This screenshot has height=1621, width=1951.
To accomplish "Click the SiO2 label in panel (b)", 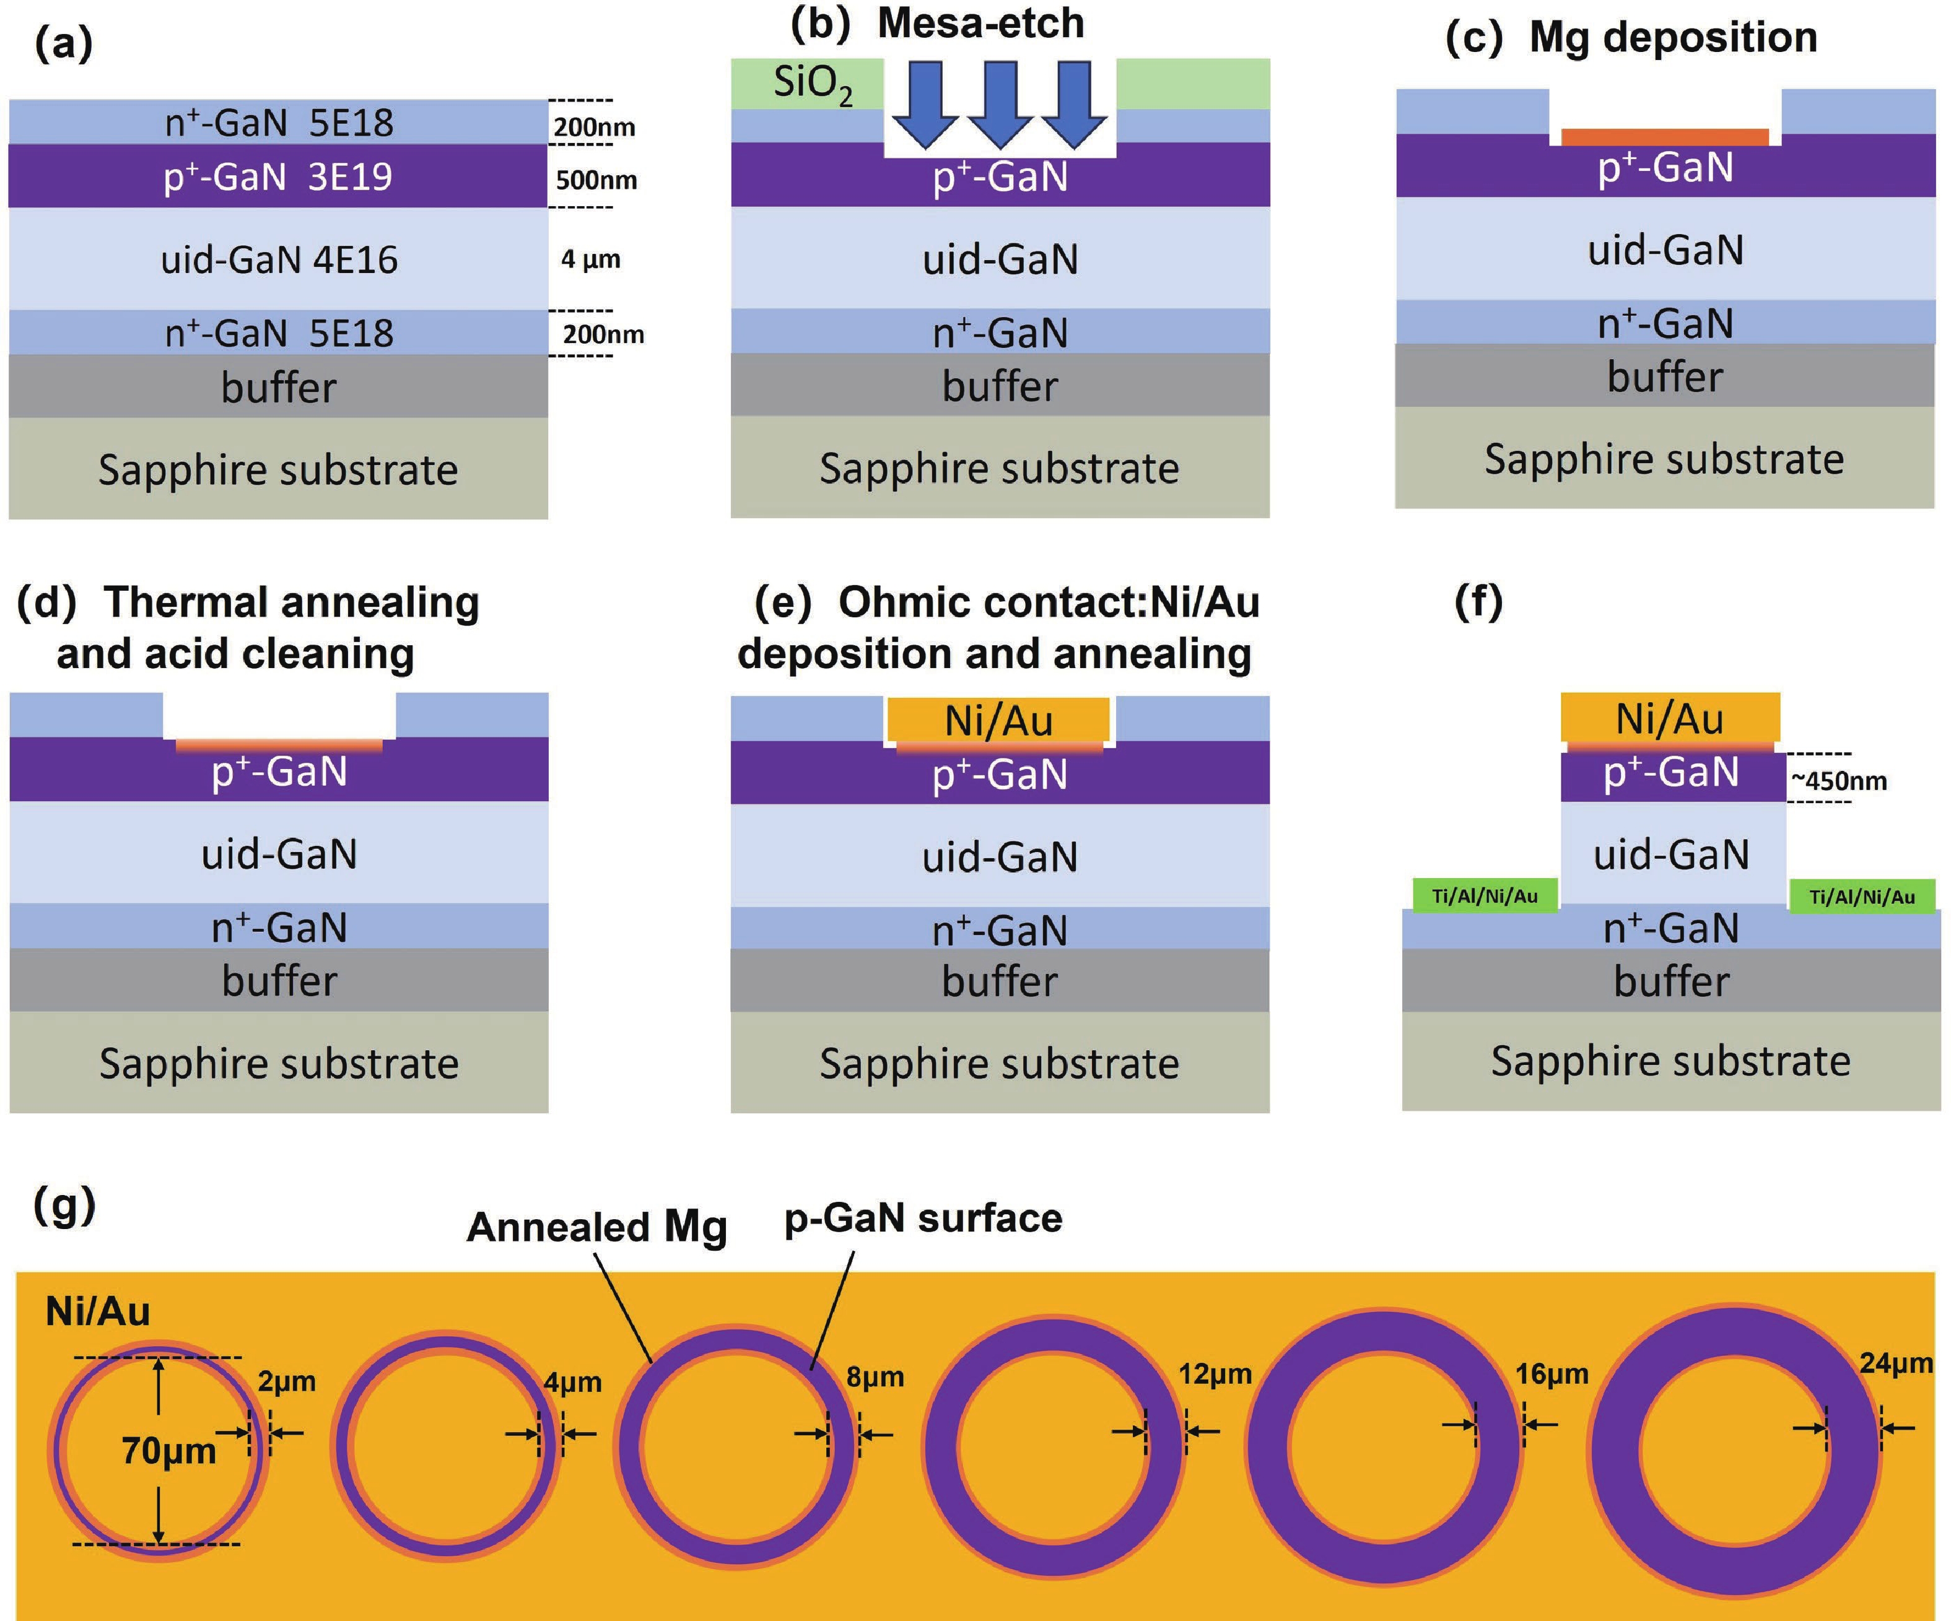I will pos(812,85).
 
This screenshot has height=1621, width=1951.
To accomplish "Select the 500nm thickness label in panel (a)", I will pos(596,180).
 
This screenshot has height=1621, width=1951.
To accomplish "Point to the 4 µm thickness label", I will pos(590,259).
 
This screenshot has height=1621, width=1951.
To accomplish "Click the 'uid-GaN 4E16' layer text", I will pos(279,259).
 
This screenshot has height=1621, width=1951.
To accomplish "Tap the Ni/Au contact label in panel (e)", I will pos(998,721).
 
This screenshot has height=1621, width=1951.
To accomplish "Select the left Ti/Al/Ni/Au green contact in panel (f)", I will pos(1485,895).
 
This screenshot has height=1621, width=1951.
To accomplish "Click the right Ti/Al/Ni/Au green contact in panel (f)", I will pos(1862,897).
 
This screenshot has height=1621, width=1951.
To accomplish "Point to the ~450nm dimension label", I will pos(1838,780).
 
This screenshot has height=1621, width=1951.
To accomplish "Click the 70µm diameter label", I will pos(168,1450).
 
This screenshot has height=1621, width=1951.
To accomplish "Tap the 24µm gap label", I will pos(1895,1363).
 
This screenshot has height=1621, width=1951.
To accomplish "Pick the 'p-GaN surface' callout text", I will pos(923,1218).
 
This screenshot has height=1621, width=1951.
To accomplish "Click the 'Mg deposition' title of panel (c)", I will pos(1672,37).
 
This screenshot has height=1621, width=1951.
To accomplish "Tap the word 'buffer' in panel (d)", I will pos(279,981).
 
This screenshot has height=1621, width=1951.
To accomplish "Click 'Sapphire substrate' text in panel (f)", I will pos(1670,1061).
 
